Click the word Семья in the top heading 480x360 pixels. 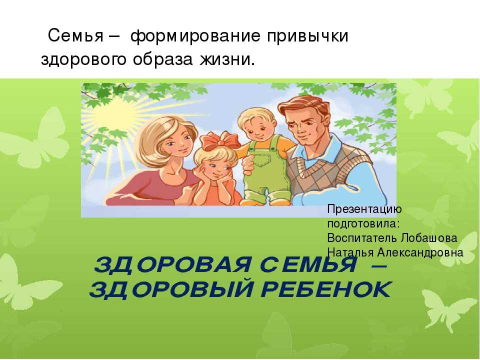(x=75, y=36)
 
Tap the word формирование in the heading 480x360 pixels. (x=195, y=36)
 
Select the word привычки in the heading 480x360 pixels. (x=307, y=36)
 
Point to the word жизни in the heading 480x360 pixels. (x=227, y=59)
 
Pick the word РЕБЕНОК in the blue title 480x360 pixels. (x=326, y=289)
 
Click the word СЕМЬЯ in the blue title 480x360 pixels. (x=308, y=264)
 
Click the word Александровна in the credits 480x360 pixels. (x=420, y=252)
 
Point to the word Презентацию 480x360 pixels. (x=364, y=210)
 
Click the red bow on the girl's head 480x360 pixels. (x=220, y=141)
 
